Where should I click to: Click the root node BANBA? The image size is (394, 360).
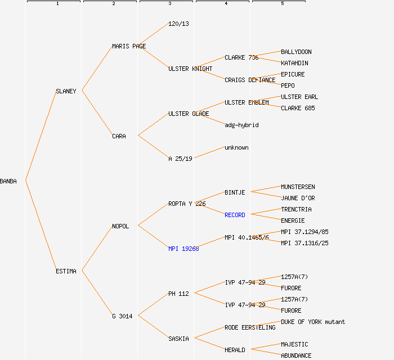8,181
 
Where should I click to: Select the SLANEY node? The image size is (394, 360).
66,91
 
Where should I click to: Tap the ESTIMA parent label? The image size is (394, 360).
66,271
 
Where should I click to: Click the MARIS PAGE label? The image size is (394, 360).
129,46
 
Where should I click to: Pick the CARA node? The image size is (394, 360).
119,136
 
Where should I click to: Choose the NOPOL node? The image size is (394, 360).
120,226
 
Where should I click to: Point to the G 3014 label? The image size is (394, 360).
122,316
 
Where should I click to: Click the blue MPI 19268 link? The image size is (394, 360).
183,249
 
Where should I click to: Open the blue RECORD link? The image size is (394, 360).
235,215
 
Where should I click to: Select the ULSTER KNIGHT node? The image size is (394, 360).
190,69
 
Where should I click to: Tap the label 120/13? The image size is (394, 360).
178,24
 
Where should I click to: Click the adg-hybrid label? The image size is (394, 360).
241,125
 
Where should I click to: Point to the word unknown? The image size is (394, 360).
236,147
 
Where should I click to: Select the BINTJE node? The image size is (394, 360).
235,192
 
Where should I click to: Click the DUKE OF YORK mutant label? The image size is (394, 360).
313,322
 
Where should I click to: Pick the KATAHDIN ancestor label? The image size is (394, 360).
294,63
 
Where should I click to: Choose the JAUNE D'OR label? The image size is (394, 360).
298,198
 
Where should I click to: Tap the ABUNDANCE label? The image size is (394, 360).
296,355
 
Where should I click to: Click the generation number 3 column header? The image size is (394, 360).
169,4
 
